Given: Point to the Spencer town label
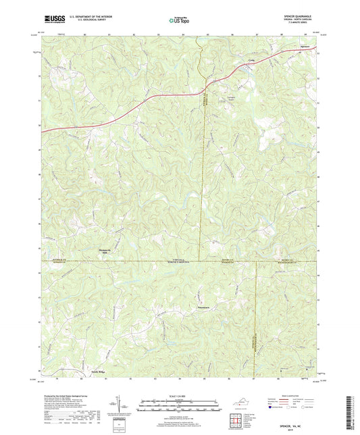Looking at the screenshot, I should [x=306, y=47].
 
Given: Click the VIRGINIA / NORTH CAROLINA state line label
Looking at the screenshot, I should [x=178, y=261].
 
